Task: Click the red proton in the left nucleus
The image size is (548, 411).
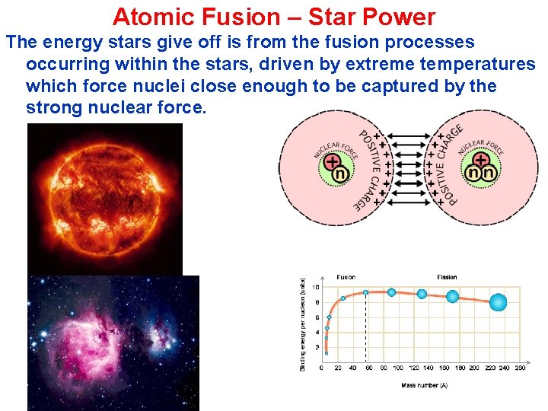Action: tap(332, 162)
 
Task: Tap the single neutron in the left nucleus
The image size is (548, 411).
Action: tap(342, 174)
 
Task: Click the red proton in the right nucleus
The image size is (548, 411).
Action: tap(481, 161)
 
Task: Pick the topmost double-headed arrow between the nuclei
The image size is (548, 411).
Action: tap(409, 137)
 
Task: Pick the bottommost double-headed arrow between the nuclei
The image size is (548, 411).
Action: tap(409, 202)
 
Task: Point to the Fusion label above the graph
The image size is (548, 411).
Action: tap(346, 277)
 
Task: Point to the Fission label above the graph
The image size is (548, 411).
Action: tap(447, 277)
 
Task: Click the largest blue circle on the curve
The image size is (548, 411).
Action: tap(498, 303)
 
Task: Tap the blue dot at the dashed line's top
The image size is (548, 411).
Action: tap(366, 292)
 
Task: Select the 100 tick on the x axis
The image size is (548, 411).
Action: tap(397, 368)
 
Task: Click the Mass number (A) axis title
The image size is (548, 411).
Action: tap(424, 385)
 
